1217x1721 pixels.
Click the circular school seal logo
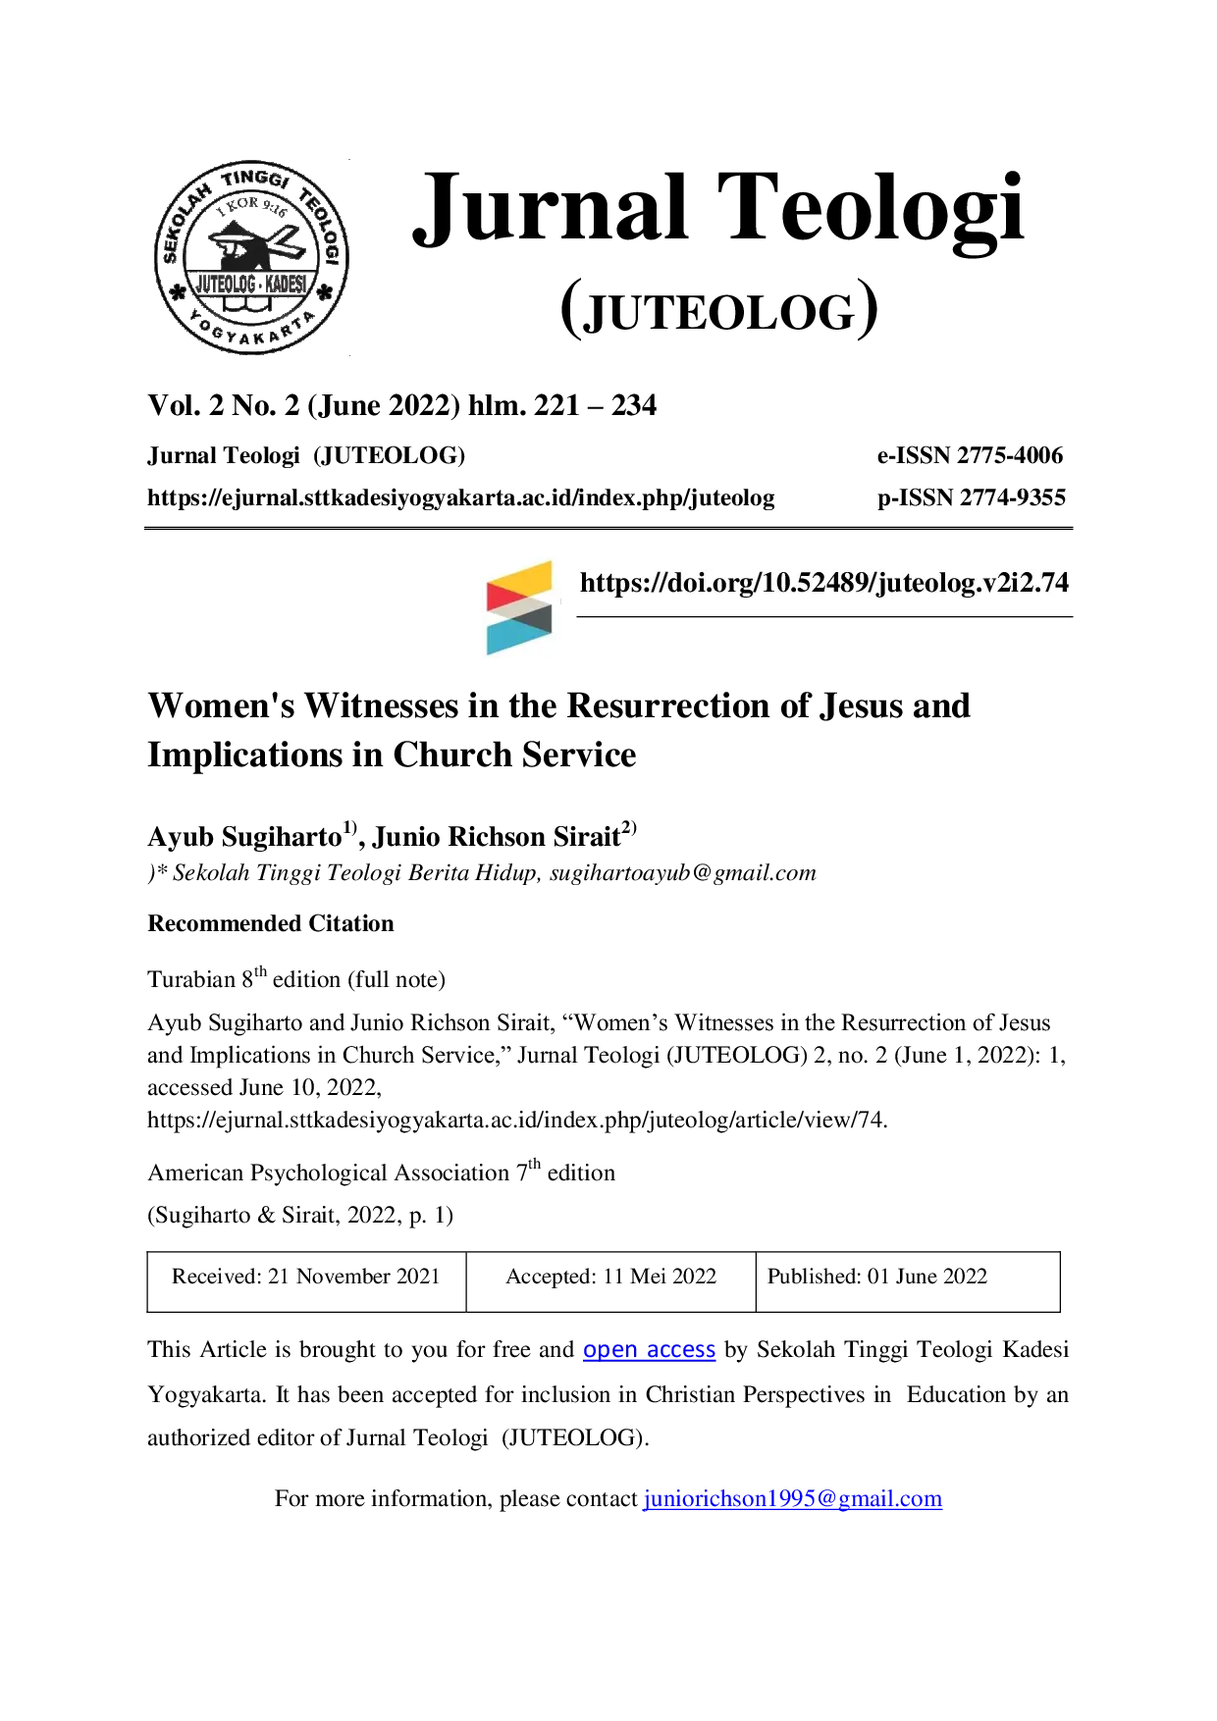tap(251, 257)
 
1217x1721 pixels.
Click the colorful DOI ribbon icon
tap(519, 607)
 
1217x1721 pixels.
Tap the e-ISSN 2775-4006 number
tap(970, 455)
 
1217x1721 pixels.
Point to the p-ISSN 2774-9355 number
tap(972, 497)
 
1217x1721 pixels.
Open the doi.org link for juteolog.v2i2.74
tap(824, 583)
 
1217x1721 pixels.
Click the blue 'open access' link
tap(649, 1350)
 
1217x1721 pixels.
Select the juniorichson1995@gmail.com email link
tap(793, 1499)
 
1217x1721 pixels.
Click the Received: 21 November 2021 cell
tap(306, 1281)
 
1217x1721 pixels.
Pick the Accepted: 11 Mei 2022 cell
tap(610, 1281)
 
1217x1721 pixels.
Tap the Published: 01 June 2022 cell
tap(908, 1281)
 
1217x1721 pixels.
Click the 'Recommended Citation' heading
tap(271, 923)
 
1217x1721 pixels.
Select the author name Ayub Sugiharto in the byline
tap(244, 837)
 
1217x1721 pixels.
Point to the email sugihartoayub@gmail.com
tap(683, 873)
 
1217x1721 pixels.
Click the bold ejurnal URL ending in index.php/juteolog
tap(461, 498)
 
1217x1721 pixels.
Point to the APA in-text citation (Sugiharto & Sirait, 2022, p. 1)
tap(300, 1215)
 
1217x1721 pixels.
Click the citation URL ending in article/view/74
tap(517, 1121)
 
